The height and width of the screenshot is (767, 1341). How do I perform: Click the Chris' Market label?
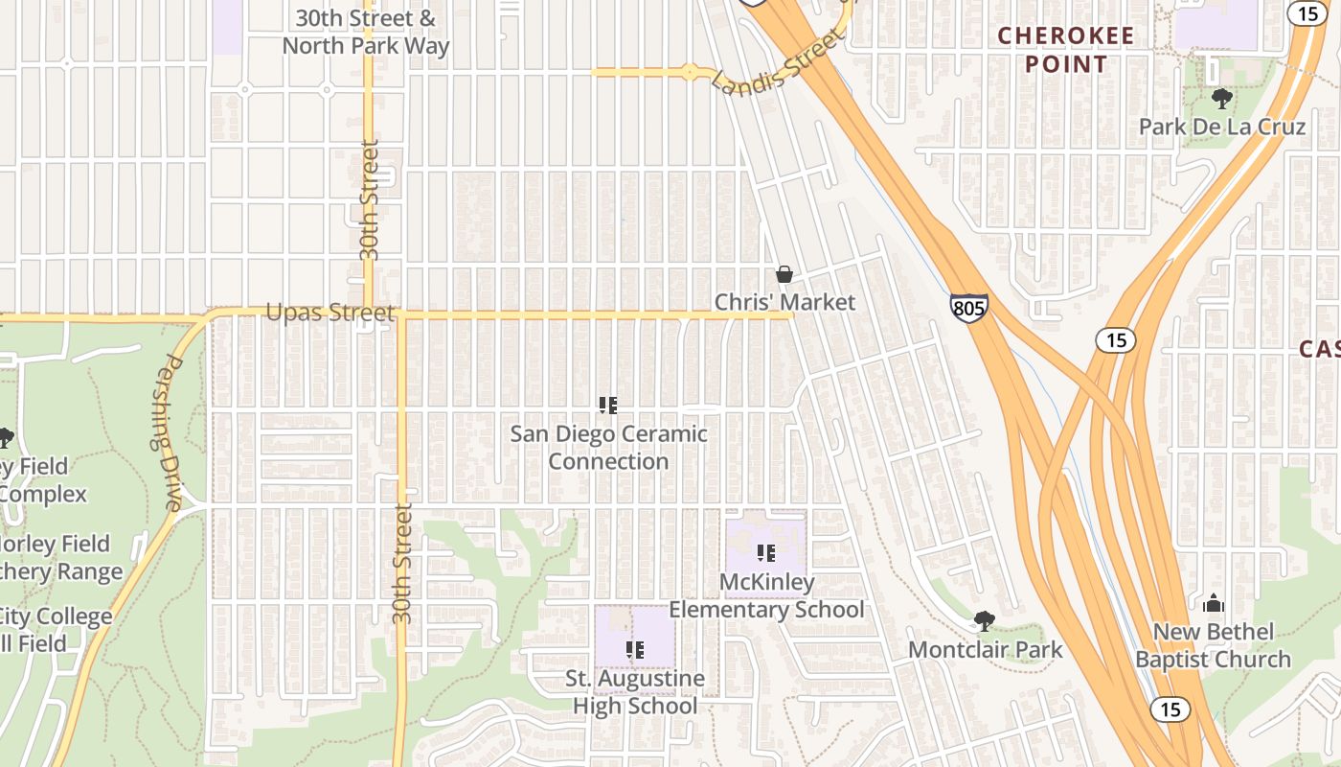coord(784,302)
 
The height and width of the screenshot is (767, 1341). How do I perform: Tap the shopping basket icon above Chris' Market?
coord(784,275)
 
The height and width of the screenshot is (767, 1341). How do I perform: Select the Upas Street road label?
coord(330,314)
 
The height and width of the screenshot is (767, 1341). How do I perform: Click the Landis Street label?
coord(780,60)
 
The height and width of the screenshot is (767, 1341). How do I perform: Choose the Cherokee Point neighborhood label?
coord(1066,50)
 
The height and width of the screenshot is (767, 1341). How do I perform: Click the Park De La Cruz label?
coord(1221,127)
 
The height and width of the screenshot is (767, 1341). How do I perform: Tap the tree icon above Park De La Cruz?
coord(1221,98)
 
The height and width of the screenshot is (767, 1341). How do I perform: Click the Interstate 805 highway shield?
coord(969,308)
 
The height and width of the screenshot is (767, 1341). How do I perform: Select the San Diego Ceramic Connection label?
coord(608,447)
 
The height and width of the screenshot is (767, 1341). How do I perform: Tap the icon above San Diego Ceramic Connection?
coord(608,405)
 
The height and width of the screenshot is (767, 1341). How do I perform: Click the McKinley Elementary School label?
coord(766,595)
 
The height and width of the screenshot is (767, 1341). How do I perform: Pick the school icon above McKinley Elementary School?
coord(766,553)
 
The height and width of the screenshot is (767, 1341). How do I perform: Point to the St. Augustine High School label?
coord(635,692)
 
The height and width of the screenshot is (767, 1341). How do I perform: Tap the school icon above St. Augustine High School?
coord(635,650)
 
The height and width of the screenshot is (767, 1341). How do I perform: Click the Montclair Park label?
coord(985,649)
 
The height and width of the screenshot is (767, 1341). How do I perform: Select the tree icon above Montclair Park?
coord(984,621)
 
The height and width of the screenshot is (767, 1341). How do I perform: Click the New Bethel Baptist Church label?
coord(1214,645)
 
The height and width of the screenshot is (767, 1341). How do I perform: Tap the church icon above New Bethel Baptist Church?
coord(1214,603)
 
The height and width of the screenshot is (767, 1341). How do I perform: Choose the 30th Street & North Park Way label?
coord(365,32)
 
